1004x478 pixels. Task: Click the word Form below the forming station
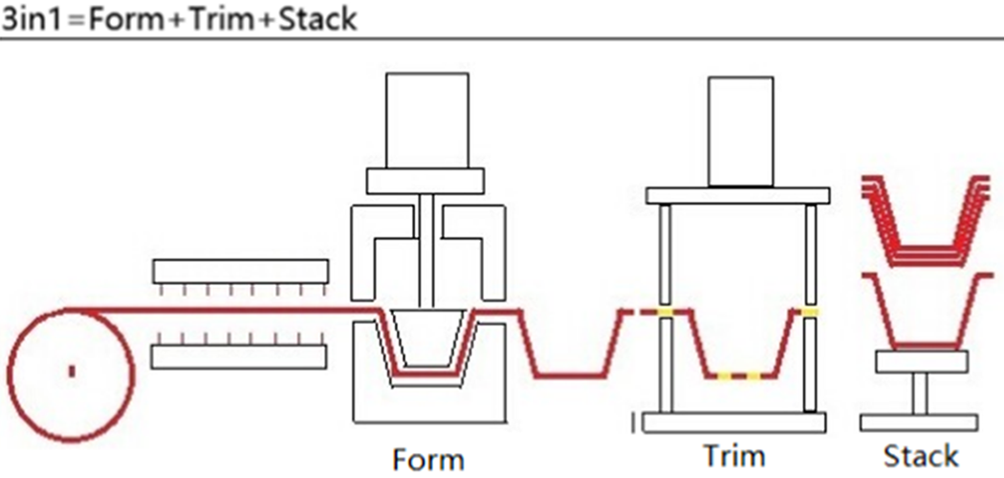click(x=428, y=460)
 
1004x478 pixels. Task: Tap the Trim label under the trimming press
click(x=733, y=456)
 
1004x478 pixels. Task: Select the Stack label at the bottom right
click(x=921, y=456)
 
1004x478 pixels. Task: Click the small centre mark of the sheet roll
click(x=72, y=371)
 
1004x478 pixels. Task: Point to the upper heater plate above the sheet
click(x=241, y=272)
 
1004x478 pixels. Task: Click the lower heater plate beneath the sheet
click(x=239, y=357)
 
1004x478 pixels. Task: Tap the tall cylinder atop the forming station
click(x=427, y=120)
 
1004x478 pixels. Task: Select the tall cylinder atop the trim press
click(x=740, y=131)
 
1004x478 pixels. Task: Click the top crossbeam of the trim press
click(x=737, y=196)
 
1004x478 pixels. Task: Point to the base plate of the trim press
click(x=733, y=423)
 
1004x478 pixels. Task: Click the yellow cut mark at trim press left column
click(x=666, y=312)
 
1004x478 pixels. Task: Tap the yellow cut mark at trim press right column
click(x=811, y=312)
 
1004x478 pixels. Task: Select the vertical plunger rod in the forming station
click(x=427, y=250)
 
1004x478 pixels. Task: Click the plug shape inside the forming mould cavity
click(x=427, y=338)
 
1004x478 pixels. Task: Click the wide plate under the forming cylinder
click(x=425, y=181)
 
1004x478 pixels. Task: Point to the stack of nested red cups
click(x=926, y=220)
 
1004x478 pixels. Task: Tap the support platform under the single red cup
click(x=922, y=361)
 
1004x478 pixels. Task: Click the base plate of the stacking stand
click(x=919, y=423)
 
